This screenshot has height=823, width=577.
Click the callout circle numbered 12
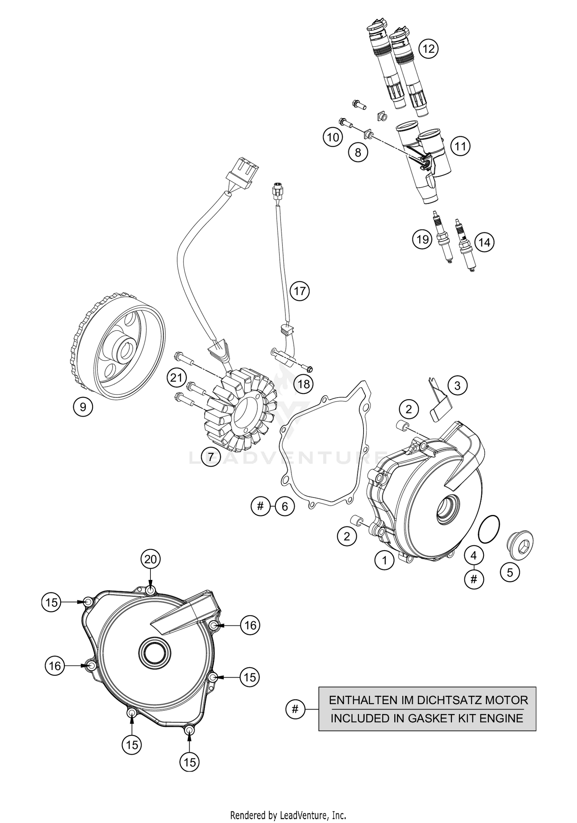(x=429, y=49)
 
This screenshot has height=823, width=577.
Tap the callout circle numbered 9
(x=83, y=407)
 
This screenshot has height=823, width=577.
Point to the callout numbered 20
(x=150, y=559)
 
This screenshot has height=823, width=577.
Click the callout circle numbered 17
(x=300, y=291)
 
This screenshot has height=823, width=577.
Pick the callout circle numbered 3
(x=457, y=385)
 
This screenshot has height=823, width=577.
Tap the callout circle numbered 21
(x=177, y=378)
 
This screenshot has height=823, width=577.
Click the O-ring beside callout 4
(x=489, y=530)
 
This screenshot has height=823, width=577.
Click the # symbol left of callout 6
(x=260, y=506)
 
